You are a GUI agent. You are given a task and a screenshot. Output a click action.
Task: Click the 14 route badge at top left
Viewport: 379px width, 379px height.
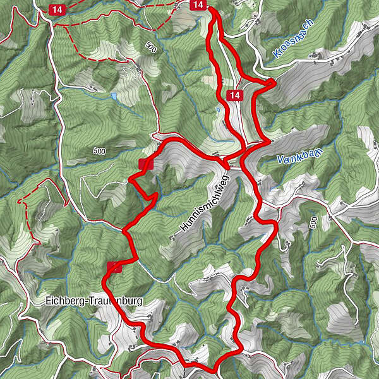click(x=57, y=9)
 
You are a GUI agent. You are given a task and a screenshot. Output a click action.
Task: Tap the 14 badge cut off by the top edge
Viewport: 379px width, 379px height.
click(x=198, y=4)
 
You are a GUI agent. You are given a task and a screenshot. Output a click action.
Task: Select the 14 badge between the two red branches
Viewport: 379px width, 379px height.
click(x=234, y=95)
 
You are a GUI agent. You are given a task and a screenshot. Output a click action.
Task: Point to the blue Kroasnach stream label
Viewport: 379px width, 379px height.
click(x=294, y=39)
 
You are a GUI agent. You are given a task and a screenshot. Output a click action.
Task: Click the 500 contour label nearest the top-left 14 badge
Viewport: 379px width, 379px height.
click(x=150, y=47)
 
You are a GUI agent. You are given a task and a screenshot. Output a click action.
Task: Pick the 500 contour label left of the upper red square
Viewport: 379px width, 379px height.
click(x=99, y=151)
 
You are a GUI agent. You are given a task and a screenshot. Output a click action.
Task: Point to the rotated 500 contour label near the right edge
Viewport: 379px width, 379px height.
click(x=314, y=222)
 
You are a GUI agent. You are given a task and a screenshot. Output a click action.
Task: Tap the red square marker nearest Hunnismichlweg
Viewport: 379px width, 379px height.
click(x=146, y=164)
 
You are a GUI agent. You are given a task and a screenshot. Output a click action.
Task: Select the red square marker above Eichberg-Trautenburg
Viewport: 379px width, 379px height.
click(x=114, y=266)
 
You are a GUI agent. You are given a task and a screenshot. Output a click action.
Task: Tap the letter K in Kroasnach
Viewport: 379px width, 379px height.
click(x=277, y=55)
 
